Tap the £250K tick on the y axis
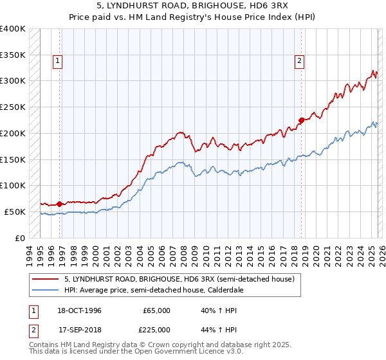pyautogui.click(x=13, y=107)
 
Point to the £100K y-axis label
pyautogui.click(x=13, y=185)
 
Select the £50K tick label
pyautogui.click(x=15, y=212)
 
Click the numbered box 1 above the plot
pyautogui.click(x=58, y=61)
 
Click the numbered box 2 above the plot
pyautogui.click(x=300, y=61)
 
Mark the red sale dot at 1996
pyautogui.click(x=60, y=204)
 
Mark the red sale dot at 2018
pyautogui.click(x=301, y=120)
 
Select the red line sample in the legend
pyautogui.click(x=46, y=279)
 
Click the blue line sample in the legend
pyautogui.click(x=46, y=290)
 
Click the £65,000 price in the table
pyautogui.click(x=156, y=310)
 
